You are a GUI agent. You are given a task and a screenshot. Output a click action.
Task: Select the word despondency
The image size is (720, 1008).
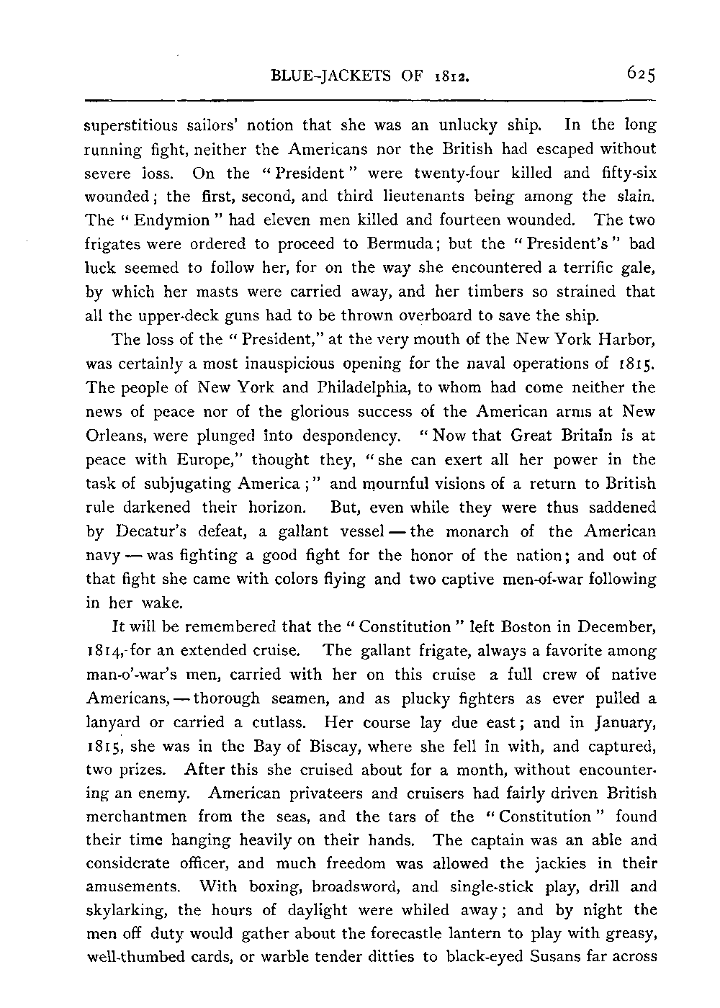point(349,436)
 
